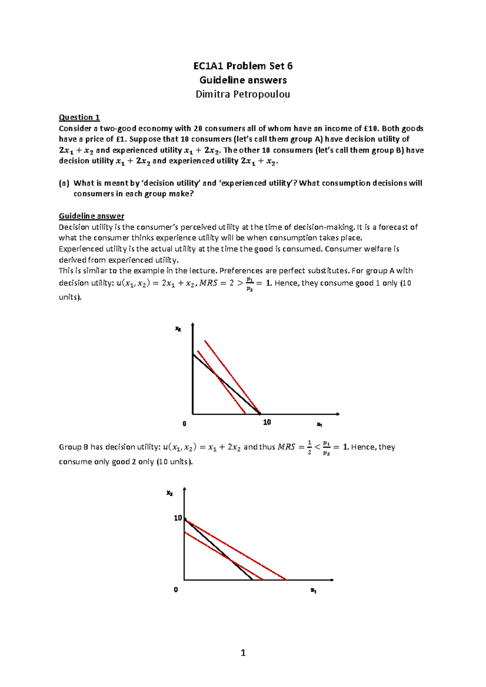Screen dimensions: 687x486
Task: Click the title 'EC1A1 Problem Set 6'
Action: tap(243, 66)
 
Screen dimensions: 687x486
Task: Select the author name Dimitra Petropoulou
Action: tap(243, 95)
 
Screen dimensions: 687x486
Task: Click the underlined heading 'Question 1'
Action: tap(79, 117)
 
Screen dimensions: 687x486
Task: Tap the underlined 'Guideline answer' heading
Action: tap(91, 216)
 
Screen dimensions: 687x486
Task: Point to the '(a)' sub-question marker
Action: tap(64, 183)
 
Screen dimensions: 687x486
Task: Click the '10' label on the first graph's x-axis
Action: tap(267, 422)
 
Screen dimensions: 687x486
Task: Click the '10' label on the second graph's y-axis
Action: tap(177, 518)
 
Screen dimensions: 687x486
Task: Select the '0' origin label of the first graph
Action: tap(184, 424)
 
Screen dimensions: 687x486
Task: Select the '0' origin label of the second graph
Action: tap(176, 590)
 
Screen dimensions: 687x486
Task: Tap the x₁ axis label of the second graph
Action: tap(313, 590)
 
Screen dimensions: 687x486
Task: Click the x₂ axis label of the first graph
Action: tap(178, 329)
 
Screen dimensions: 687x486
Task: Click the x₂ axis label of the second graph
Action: tap(170, 493)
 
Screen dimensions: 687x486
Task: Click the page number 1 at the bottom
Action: tap(243, 653)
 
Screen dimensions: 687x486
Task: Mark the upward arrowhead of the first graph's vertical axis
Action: tap(193, 324)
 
